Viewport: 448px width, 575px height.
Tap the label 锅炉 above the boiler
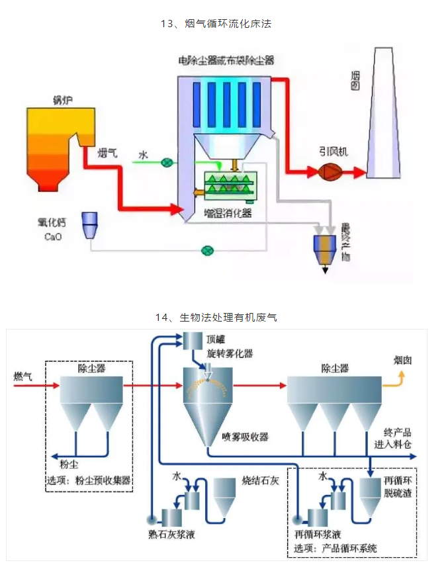[63, 100]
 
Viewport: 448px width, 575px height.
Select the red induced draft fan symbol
[329, 172]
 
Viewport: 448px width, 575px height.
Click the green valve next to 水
[168, 161]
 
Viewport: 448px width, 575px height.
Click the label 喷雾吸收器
[246, 437]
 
